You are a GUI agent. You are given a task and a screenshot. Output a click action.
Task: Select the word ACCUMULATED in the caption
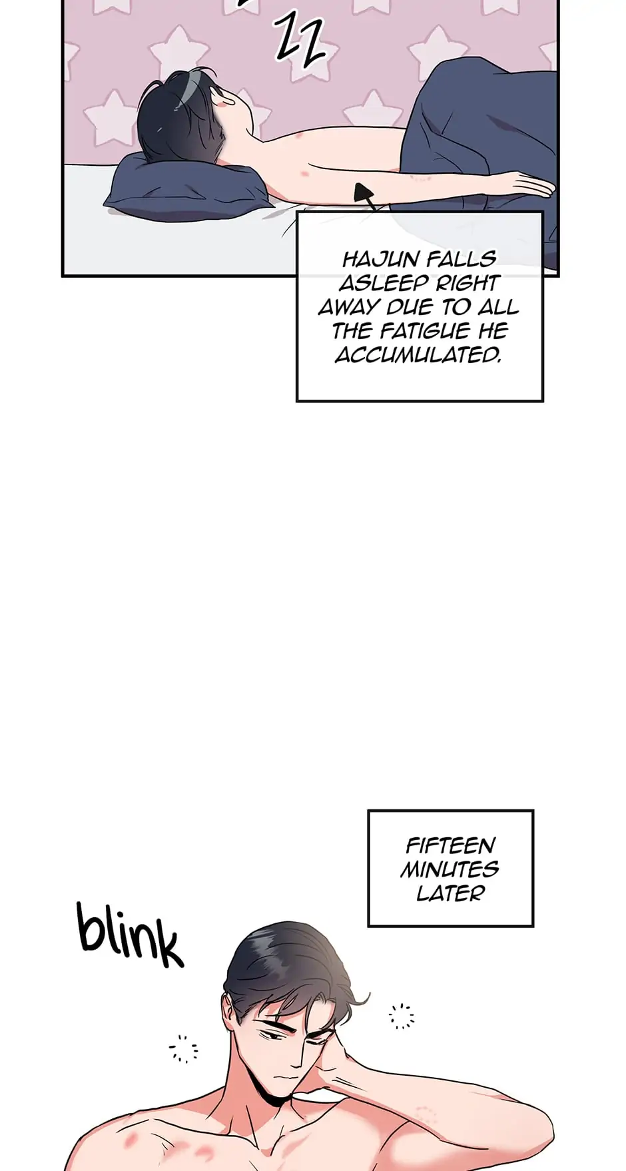418,355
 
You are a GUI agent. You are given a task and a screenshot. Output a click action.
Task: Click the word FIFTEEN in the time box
451,846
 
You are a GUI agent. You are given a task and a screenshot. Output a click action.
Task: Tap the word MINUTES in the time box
450,869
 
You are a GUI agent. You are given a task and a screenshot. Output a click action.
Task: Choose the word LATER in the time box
450,893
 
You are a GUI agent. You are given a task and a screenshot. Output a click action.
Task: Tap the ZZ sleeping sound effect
300,40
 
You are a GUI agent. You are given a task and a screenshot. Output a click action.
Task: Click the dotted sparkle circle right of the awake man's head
402,1016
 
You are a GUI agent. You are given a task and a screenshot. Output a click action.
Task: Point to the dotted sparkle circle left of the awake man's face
184,1049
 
